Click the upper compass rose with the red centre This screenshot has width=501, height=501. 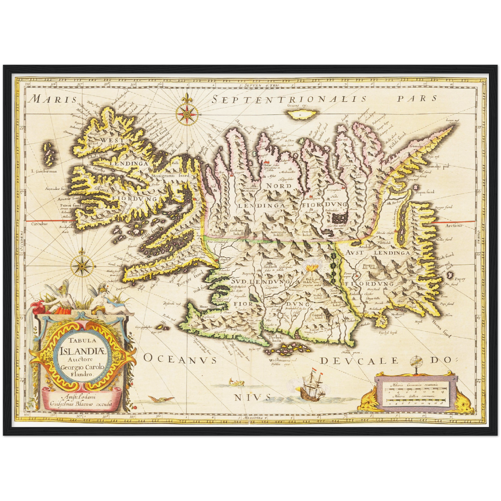click(187, 114)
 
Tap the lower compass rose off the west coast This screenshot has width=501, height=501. click(81, 266)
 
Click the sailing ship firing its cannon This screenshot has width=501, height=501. click(311, 388)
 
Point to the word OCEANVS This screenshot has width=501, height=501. click(180, 359)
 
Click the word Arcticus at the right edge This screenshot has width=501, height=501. click(454, 226)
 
